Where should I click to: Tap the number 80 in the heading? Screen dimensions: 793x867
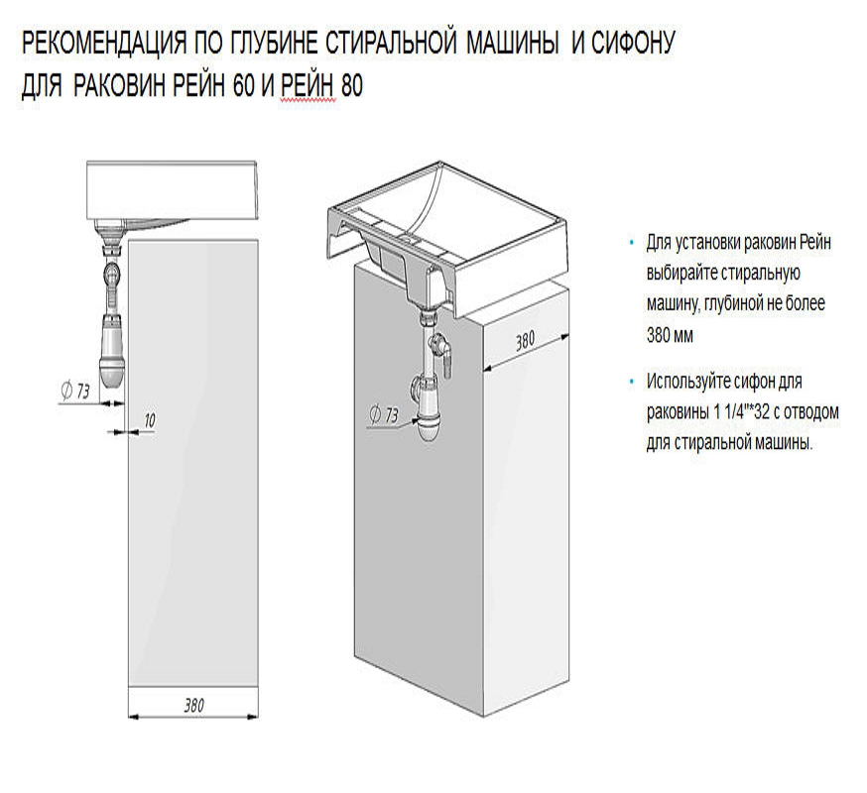point(351,87)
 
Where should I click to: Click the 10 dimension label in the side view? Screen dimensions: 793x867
point(149,420)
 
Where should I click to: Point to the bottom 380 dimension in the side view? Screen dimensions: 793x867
point(193,706)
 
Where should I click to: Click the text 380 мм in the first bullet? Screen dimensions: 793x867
point(671,335)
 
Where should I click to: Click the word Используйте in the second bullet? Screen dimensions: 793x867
point(691,382)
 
